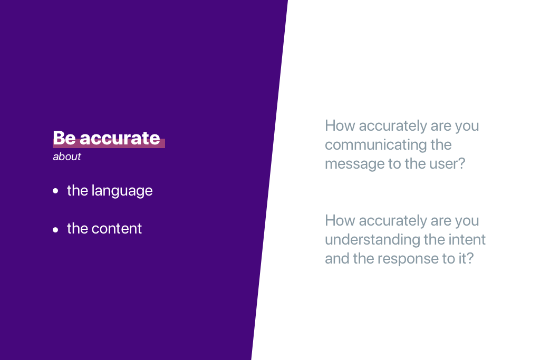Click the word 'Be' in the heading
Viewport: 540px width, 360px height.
click(x=64, y=138)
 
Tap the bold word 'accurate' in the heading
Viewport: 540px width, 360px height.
click(x=120, y=138)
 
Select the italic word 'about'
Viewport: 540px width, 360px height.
click(x=67, y=157)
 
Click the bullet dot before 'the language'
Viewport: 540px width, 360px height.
click(x=55, y=191)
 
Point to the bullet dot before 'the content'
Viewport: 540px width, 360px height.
click(x=55, y=230)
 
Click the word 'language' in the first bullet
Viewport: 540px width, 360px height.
click(x=122, y=191)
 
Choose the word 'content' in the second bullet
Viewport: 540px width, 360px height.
click(x=117, y=229)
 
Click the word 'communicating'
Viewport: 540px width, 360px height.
click(x=375, y=145)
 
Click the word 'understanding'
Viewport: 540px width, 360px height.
click(x=372, y=240)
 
